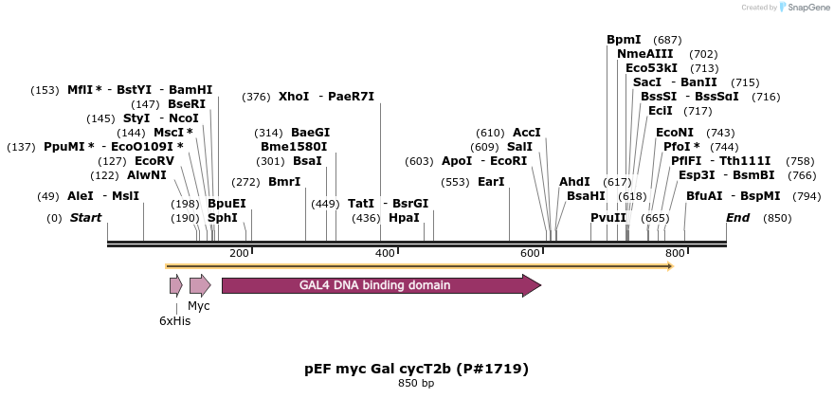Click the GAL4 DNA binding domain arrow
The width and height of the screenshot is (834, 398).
click(x=380, y=285)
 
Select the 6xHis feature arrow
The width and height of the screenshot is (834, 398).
click(x=175, y=285)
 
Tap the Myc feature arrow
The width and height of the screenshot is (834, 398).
click(x=199, y=285)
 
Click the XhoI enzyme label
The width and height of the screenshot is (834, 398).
click(x=294, y=97)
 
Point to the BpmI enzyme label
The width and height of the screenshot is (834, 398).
click(x=624, y=40)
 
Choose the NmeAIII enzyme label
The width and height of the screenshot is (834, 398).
click(x=644, y=54)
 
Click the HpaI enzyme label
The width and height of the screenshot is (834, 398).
click(x=404, y=218)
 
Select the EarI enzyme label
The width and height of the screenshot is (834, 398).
click(x=491, y=182)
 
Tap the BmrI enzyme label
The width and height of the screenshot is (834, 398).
click(x=284, y=182)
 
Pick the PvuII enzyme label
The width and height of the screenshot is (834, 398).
click(x=608, y=218)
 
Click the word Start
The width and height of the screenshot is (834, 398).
click(x=85, y=218)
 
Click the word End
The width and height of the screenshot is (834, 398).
click(x=738, y=218)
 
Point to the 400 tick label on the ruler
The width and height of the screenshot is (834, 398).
click(x=385, y=253)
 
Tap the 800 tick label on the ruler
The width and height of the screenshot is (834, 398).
click(x=675, y=253)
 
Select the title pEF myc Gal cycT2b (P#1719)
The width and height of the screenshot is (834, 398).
click(x=416, y=368)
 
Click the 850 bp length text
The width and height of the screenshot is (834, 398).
click(x=416, y=384)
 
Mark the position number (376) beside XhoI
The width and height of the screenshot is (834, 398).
click(x=256, y=97)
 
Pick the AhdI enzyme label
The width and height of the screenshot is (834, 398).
click(x=574, y=182)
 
